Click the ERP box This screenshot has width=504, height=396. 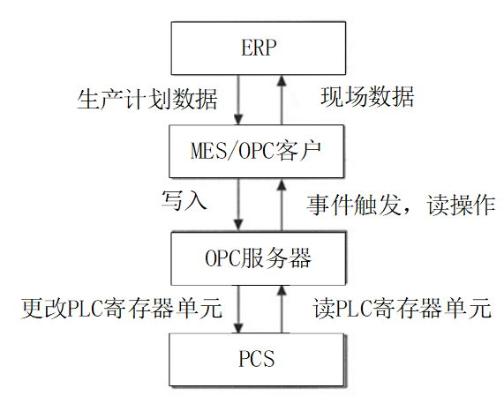(259, 49)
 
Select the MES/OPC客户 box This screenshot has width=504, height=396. (257, 152)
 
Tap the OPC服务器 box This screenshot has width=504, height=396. (259, 258)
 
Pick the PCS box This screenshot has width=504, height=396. (257, 359)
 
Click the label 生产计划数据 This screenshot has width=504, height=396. (147, 100)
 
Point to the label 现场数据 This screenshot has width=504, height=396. (367, 96)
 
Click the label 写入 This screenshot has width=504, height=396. (184, 200)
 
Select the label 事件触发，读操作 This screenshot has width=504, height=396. (401, 205)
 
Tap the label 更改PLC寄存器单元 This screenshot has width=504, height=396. (122, 308)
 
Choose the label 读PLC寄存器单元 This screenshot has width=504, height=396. (402, 308)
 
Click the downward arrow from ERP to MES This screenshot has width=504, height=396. (238, 100)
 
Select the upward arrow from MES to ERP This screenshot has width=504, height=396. (282, 100)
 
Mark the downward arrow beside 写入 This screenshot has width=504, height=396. (238, 205)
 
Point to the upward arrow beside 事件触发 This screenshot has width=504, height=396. (282, 205)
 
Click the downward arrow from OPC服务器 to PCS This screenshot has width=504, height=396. (238, 310)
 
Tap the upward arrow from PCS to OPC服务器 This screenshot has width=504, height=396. (282, 310)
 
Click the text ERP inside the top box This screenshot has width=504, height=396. (259, 48)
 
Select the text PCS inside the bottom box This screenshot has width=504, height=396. (257, 359)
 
